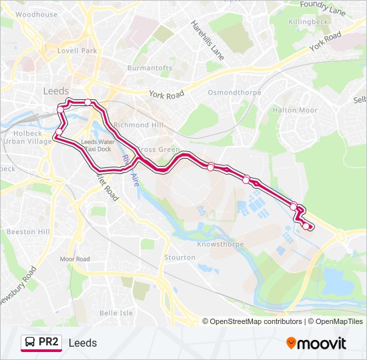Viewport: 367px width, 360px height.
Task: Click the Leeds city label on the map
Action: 56,91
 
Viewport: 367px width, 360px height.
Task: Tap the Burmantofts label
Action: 149,68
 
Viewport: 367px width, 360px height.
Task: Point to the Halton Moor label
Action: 294,110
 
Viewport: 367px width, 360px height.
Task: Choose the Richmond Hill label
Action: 138,125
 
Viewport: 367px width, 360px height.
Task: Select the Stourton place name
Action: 180,257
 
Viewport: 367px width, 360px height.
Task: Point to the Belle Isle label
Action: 116,313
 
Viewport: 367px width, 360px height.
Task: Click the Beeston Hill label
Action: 28,231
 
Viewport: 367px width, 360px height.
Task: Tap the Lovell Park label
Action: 77,51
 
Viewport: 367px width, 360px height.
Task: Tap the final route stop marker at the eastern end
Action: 307,226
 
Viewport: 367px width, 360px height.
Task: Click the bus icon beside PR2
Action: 29,343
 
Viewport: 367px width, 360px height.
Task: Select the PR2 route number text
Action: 49,343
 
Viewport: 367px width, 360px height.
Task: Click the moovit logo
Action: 316,343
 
